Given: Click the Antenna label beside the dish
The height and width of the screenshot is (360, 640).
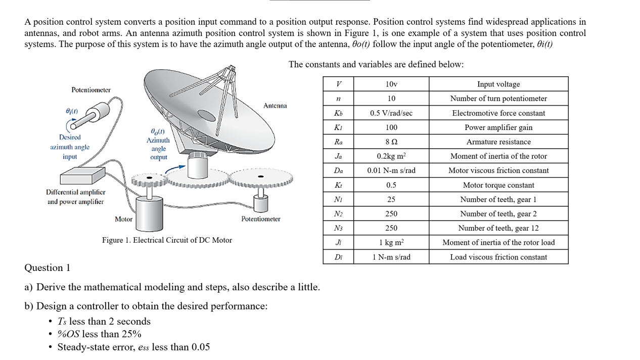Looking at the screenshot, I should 275,106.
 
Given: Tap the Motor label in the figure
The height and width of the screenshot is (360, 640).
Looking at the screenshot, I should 123,219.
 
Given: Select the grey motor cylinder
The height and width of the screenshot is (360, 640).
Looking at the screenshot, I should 149,212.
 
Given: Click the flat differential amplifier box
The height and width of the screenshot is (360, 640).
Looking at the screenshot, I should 82,176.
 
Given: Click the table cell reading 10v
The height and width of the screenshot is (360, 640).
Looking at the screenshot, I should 391,84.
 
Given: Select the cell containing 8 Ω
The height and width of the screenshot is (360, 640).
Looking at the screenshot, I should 391,142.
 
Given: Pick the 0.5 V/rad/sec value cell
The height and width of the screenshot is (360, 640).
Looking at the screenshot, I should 391,113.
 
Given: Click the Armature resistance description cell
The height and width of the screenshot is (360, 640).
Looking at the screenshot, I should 498,142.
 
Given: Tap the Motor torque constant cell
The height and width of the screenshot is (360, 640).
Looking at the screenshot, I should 498,185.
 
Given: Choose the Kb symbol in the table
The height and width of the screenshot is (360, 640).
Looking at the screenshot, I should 338,113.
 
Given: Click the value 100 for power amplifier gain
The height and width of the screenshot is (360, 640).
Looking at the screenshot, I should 391,127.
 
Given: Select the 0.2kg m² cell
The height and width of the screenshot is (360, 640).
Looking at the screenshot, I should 391,156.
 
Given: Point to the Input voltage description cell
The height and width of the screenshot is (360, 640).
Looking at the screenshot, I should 498,84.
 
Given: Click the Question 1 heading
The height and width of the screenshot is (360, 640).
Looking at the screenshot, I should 48,267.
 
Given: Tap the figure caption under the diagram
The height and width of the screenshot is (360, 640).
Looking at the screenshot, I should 167,240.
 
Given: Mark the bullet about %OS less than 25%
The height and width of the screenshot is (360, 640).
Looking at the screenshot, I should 99,334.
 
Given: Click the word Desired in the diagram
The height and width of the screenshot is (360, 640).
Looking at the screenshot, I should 70,137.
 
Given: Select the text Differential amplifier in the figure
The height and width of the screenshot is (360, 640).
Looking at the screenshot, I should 75,192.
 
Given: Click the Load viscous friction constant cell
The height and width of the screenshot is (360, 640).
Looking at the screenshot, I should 498,257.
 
